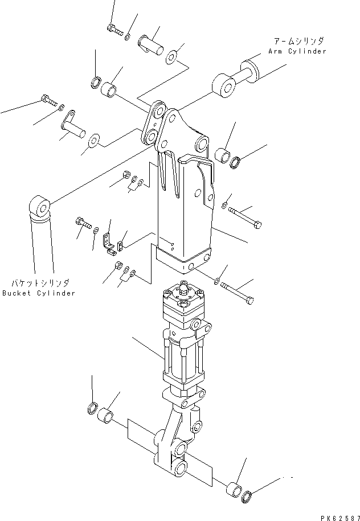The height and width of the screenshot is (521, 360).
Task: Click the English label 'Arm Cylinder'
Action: tap(298, 51)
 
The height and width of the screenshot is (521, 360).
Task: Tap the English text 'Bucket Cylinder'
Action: tap(38, 293)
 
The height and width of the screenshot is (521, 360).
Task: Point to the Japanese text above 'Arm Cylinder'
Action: tap(298, 42)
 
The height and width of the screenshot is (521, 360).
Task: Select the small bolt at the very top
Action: tap(114, 30)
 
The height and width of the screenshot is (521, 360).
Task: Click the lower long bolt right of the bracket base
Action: tap(239, 293)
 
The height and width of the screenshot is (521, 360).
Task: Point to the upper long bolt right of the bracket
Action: tap(246, 219)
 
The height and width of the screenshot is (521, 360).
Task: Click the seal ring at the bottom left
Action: tap(91, 408)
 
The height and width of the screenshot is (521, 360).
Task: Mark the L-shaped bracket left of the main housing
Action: tap(108, 241)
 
